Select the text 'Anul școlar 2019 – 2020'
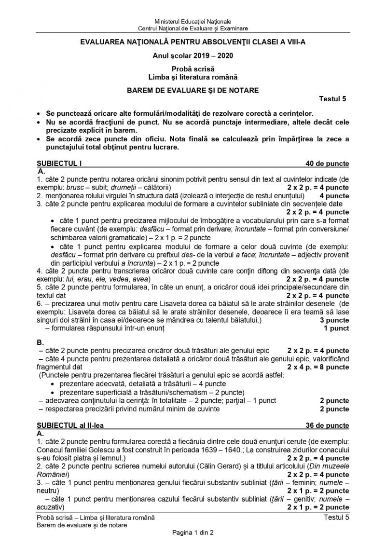click(193, 55)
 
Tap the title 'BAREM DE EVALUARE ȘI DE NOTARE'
click(193, 90)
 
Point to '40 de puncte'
click(326, 163)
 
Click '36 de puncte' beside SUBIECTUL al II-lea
click(327, 425)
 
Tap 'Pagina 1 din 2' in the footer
click(193, 532)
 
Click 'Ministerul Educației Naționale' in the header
click(193, 22)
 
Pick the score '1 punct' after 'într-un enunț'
click(336, 328)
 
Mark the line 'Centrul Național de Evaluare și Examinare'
click(193, 28)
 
